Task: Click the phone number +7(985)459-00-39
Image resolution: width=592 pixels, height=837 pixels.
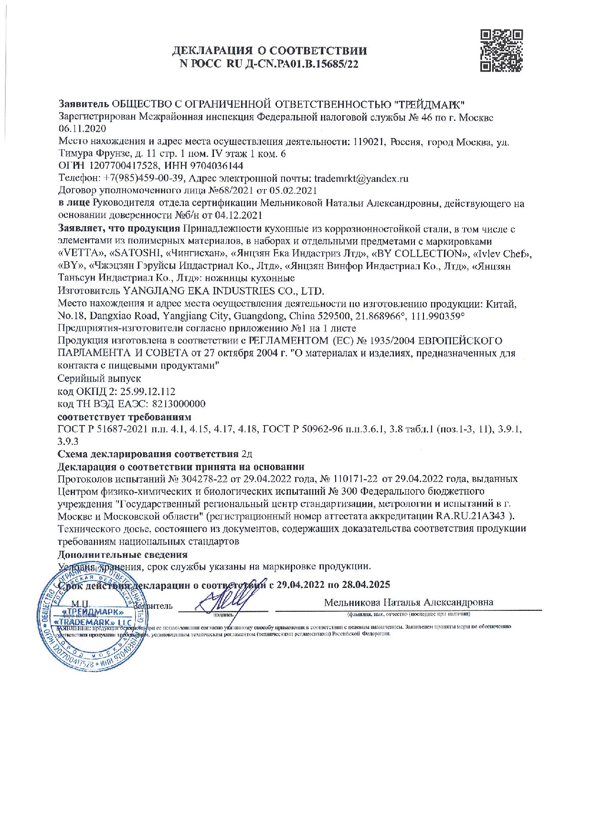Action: pyautogui.click(x=142, y=179)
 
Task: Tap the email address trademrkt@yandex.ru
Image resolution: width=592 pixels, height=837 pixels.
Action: pyautogui.click(x=361, y=179)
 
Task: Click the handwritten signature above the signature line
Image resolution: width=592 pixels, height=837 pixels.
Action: pyautogui.click(x=228, y=596)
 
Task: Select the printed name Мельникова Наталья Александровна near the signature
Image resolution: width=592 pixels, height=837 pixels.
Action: pyautogui.click(x=409, y=602)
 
